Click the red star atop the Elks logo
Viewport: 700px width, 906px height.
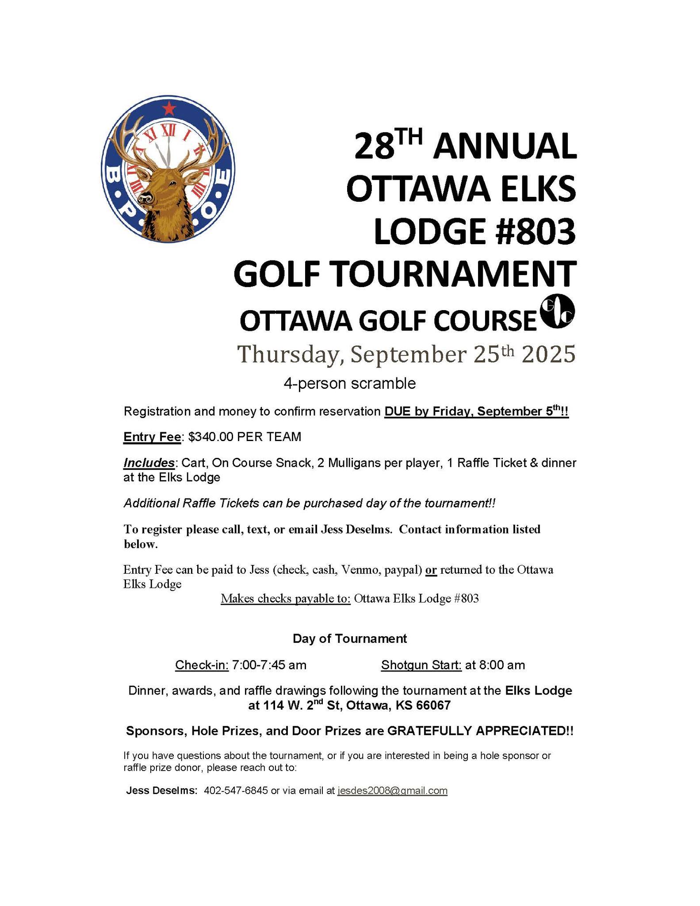[x=168, y=107]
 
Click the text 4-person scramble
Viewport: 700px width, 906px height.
[x=349, y=383]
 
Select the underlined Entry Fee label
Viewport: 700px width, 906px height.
[x=152, y=437]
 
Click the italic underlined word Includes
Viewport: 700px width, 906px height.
[x=148, y=463]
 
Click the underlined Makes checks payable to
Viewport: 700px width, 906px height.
[x=285, y=599]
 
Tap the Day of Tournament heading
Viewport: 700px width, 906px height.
[x=349, y=638]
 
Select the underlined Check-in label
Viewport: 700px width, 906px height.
[x=202, y=665]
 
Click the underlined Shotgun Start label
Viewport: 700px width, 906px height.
[x=421, y=665]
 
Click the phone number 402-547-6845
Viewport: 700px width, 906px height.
[x=236, y=791]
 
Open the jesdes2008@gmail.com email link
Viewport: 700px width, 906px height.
[x=392, y=791]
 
